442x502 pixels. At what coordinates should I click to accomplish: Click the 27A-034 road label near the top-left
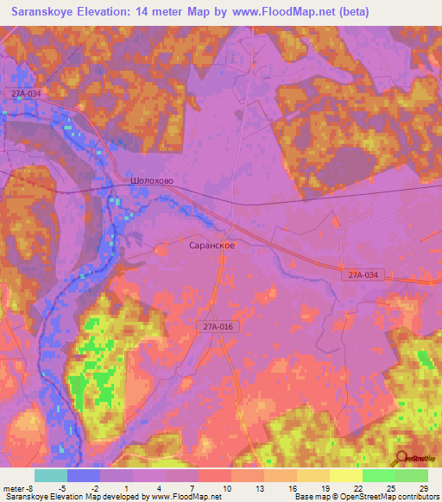pos(27,93)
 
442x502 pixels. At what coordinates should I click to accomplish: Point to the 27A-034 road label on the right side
pos(364,274)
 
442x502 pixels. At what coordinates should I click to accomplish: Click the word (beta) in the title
pos(354,12)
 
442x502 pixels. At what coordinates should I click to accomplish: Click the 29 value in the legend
pos(422,487)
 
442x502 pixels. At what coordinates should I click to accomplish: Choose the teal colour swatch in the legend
pos(51,475)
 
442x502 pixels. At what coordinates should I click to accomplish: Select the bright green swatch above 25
pos(379,475)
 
